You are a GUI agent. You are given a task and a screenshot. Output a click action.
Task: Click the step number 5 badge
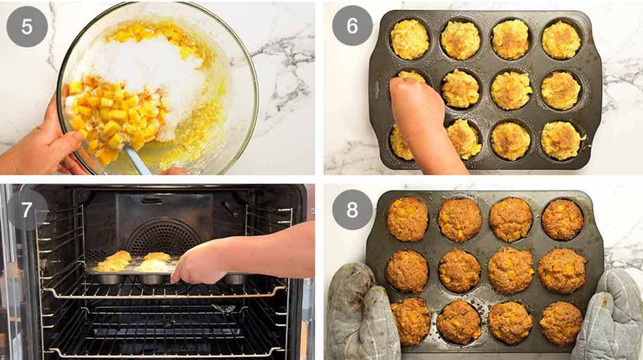coord(27,26)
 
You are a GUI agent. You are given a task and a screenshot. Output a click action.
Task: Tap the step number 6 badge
coord(352,26)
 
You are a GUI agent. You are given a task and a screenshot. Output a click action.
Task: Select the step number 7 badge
coord(27,210)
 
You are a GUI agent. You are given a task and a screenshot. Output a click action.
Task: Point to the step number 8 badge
coord(352,209)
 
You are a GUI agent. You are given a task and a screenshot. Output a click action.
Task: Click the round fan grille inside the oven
coord(163,237)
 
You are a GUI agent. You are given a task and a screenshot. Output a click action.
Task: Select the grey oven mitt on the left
coord(361,311)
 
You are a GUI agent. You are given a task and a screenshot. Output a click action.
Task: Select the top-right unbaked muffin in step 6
coord(561,40)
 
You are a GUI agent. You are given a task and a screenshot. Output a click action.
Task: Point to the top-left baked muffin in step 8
coord(407,219)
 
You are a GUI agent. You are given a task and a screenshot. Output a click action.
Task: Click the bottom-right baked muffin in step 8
coord(561,323)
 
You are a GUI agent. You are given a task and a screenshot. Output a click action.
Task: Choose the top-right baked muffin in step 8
coord(563,219)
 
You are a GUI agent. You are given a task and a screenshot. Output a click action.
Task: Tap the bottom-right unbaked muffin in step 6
coord(562,140)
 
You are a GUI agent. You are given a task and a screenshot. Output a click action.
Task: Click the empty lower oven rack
coord(164,328)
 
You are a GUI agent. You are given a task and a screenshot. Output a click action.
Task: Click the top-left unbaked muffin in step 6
coord(409,39)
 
